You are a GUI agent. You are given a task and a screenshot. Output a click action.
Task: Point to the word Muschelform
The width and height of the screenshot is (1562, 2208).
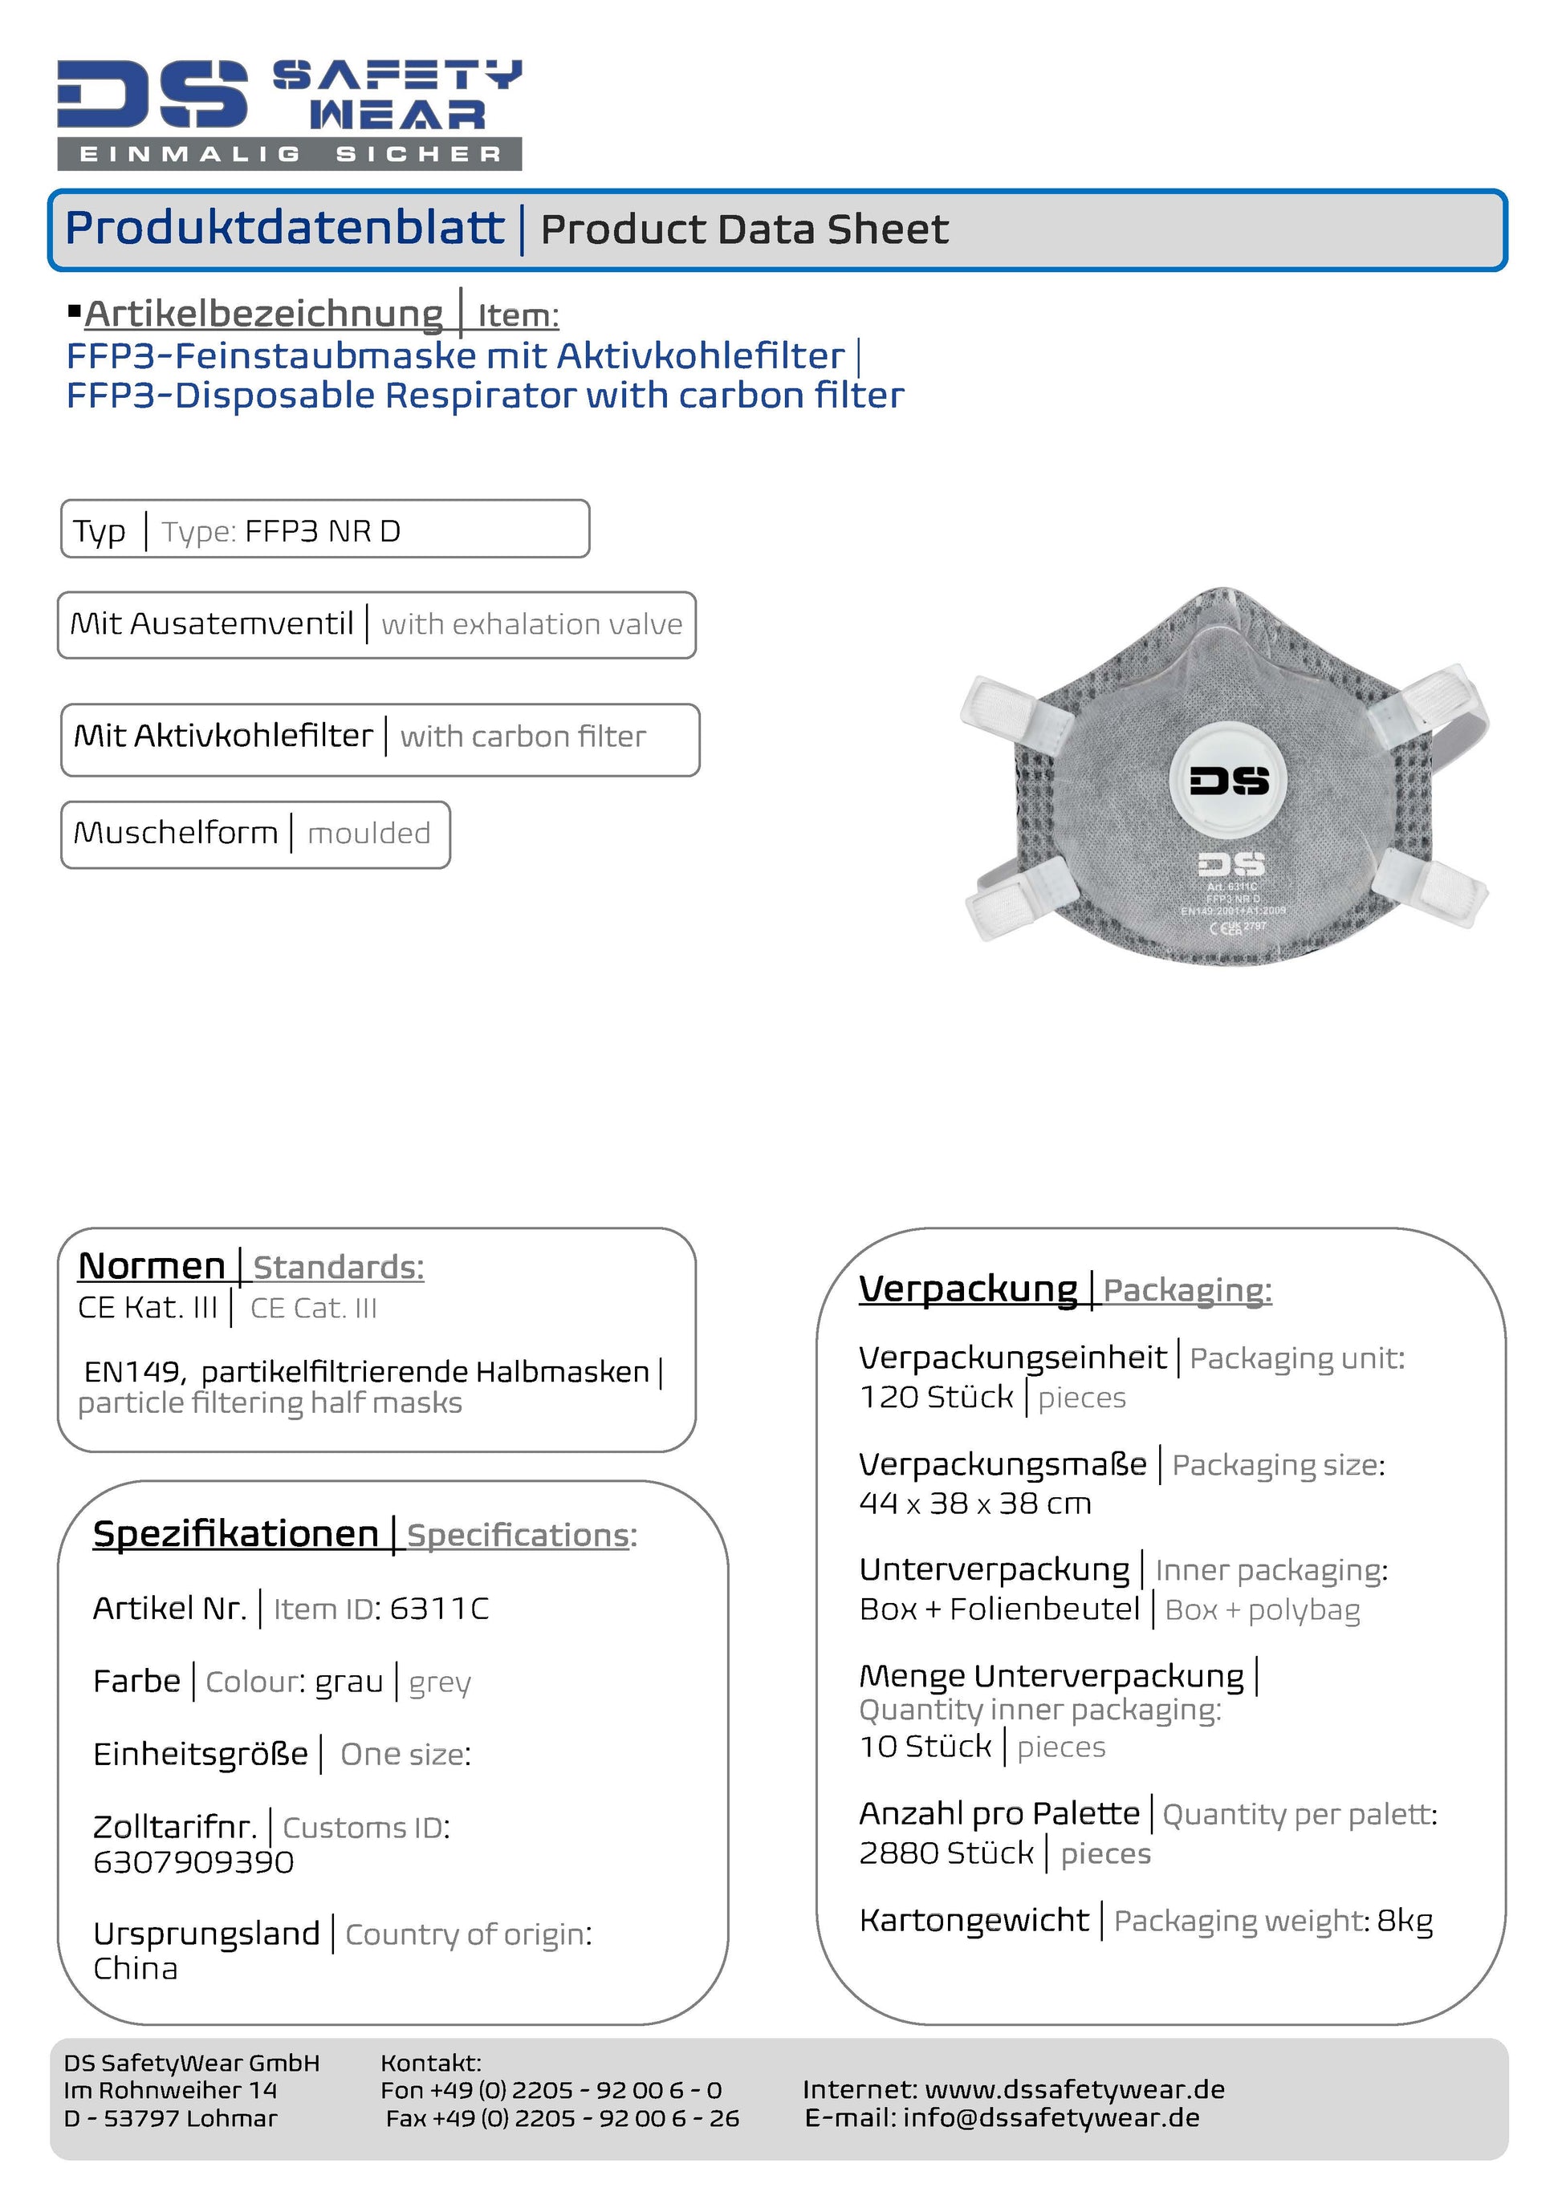pos(175,833)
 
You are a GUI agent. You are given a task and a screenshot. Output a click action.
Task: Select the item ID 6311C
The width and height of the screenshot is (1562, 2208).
pos(440,1608)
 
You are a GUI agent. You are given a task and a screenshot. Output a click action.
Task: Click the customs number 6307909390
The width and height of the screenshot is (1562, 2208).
pos(193,1862)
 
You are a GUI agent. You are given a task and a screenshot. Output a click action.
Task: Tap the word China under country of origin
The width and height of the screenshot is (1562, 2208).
pos(136,1969)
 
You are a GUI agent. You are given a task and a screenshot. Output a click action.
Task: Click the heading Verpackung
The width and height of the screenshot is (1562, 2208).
pos(967,1289)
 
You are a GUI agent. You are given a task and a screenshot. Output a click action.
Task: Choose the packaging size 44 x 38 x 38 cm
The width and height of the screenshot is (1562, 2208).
pos(975,1503)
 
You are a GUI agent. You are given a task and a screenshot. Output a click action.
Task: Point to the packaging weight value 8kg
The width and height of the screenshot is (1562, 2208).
pos(1405,1921)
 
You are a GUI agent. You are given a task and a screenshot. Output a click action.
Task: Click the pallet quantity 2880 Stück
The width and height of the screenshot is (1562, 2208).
pos(946,1853)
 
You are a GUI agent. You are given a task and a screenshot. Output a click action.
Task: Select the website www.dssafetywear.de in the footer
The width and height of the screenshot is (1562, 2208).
pos(1074,2090)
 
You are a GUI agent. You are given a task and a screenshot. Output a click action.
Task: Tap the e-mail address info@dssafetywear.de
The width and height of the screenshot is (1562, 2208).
pos(1051,2117)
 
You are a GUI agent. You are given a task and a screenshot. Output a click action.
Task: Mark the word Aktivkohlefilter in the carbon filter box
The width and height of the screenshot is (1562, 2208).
pos(253,736)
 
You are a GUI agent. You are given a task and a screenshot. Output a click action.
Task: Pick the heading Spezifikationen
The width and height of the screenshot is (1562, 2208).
pos(236,1534)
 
